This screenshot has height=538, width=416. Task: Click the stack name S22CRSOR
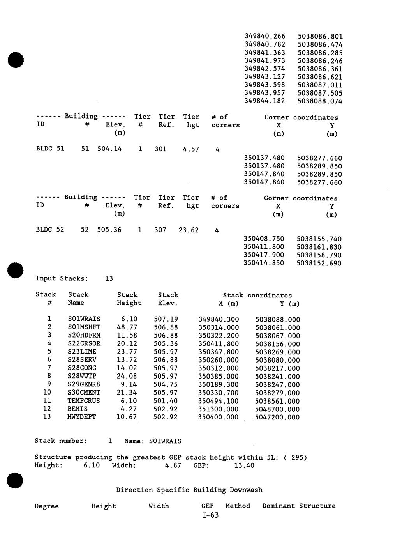click(x=84, y=343)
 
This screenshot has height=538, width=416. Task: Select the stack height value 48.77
click(x=127, y=327)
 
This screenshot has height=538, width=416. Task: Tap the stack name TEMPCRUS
click(x=83, y=401)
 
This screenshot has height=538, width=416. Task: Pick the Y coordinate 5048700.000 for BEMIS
click(x=277, y=409)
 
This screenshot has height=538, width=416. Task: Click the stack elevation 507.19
click(x=166, y=319)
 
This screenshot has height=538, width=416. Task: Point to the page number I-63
click(x=210, y=515)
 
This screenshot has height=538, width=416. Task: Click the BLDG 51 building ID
click(x=50, y=149)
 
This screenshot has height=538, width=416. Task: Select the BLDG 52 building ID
click(x=50, y=229)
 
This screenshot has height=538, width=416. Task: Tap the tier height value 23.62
click(x=189, y=230)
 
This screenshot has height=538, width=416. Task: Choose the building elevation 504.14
click(x=109, y=149)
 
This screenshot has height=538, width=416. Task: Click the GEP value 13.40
click(x=244, y=465)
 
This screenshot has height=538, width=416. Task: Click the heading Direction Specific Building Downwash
click(x=189, y=490)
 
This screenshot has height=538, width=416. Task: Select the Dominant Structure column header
click(x=299, y=506)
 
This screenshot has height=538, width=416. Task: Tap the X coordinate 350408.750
click(x=264, y=239)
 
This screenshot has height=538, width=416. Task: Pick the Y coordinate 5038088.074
click(x=320, y=101)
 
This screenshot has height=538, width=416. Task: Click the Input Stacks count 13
click(x=109, y=278)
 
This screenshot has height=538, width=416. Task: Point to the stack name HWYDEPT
click(x=81, y=417)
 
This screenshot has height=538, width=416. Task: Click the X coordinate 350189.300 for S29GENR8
click(x=218, y=384)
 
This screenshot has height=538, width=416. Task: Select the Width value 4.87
click(x=173, y=465)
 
